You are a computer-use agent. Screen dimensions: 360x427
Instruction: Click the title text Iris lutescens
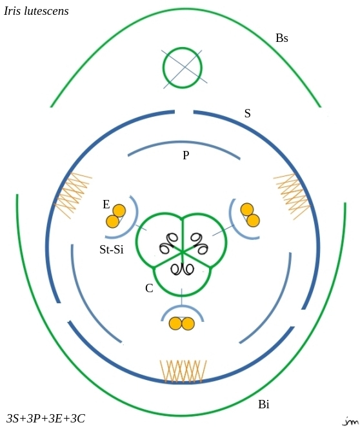(36, 11)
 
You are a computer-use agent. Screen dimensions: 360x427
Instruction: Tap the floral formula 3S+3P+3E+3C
(46, 418)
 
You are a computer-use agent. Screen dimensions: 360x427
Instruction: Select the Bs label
(281, 38)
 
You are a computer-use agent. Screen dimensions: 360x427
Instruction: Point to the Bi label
(264, 404)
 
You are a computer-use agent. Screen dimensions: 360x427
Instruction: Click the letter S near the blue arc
(247, 114)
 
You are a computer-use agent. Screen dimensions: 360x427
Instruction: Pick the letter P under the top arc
(186, 155)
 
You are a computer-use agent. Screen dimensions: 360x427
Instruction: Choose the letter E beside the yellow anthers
(106, 204)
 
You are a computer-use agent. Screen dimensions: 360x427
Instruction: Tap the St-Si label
(112, 250)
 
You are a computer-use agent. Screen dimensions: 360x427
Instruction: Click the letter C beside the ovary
(149, 288)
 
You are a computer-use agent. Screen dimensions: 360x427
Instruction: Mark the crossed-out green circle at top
(183, 68)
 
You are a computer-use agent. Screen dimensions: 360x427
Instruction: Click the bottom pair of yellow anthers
(182, 324)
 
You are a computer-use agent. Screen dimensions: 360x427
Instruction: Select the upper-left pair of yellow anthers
(116, 216)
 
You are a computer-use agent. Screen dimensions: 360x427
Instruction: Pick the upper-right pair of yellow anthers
(250, 215)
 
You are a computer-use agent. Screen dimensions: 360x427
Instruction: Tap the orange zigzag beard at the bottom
(183, 372)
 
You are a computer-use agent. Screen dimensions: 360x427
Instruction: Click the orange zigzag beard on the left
(72, 195)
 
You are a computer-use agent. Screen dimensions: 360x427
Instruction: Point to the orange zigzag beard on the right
(292, 196)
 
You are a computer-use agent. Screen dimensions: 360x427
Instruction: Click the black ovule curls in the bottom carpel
(182, 269)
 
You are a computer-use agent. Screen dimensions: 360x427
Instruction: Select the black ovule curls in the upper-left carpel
(168, 243)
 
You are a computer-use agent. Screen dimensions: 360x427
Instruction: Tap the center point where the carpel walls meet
(182, 253)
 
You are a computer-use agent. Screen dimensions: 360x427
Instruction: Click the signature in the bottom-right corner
(350, 421)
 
